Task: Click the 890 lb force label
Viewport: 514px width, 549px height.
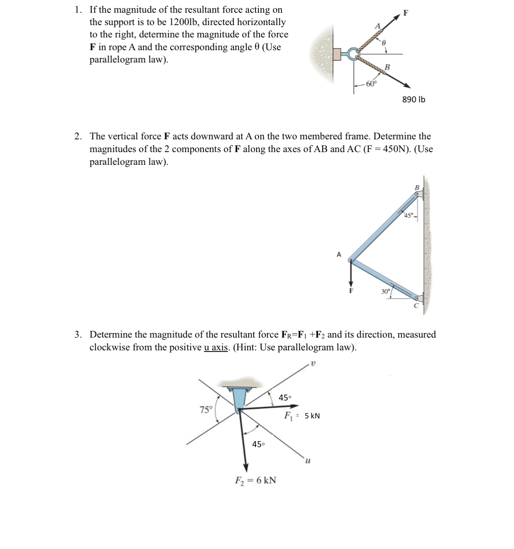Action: [413, 100]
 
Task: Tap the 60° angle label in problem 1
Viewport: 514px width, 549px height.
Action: [371, 84]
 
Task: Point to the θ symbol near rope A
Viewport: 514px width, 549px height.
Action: [384, 43]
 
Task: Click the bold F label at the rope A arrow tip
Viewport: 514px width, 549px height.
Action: [406, 13]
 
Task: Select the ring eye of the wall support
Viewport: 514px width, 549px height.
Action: [352, 54]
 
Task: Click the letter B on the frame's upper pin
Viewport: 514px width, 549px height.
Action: [417, 187]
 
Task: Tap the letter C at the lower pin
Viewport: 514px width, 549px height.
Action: [416, 306]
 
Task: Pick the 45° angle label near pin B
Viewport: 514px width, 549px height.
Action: [409, 216]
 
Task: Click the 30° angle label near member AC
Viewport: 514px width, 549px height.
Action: [385, 291]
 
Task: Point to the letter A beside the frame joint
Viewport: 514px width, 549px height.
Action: [339, 254]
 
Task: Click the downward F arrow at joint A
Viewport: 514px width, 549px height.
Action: [351, 275]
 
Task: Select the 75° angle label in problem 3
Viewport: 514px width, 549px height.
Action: [206, 410]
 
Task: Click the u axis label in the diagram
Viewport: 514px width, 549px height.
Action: [308, 461]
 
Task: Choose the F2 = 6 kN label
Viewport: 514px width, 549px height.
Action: [255, 480]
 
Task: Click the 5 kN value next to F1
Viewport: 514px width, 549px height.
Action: [312, 416]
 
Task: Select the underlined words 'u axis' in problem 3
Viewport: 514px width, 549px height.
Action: [216, 347]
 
